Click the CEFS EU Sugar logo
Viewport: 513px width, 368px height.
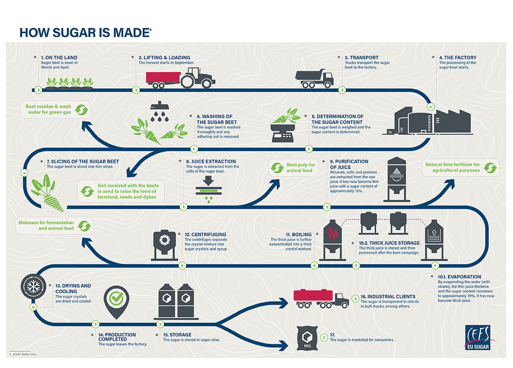pos(478,337)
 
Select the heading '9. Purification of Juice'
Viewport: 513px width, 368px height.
pos(349,164)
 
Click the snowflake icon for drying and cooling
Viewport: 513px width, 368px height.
pos(34,286)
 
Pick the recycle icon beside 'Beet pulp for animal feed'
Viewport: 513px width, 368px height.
pos(277,168)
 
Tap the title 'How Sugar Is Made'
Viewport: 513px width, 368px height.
pos(85,33)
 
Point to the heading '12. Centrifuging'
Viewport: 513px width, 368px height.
pos(205,234)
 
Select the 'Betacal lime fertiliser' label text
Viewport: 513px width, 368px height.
pos(452,167)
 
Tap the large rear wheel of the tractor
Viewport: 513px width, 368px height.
pos(189,81)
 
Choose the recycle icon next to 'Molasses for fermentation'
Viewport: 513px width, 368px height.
pos(84,226)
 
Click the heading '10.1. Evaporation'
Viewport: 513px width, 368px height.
pos(459,277)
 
